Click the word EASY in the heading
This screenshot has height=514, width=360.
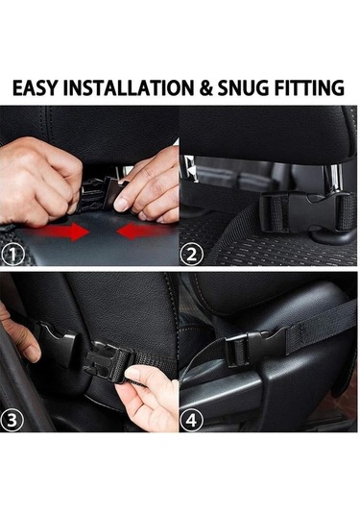click(35, 87)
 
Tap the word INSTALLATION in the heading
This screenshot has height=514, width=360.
click(129, 87)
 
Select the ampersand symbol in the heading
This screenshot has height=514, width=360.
click(205, 88)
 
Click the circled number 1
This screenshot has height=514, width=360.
click(12, 254)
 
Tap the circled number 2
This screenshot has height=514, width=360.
click(191, 255)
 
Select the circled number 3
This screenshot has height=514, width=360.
click(12, 420)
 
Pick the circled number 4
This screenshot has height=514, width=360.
click(191, 420)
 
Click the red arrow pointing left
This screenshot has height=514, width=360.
click(141, 231)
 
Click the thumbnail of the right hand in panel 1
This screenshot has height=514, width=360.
click(121, 205)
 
